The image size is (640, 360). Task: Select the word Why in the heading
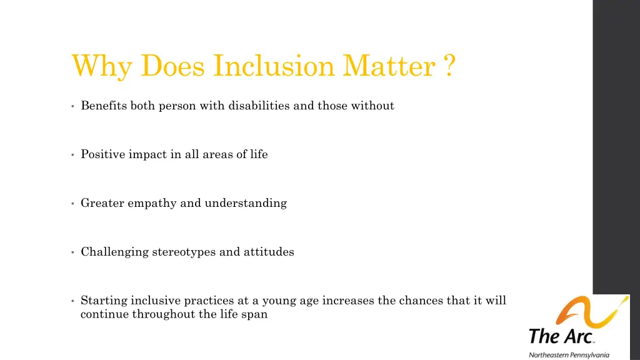tap(102, 66)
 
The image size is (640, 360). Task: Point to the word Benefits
tap(104, 106)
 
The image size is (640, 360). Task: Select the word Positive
tap(103, 154)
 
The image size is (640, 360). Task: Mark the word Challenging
tap(115, 252)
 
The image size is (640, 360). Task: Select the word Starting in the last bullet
tap(103, 301)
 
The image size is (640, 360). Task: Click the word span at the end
tap(256, 314)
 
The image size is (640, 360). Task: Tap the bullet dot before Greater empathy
tap(73, 204)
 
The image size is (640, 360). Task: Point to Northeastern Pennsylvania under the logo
tap(569, 354)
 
